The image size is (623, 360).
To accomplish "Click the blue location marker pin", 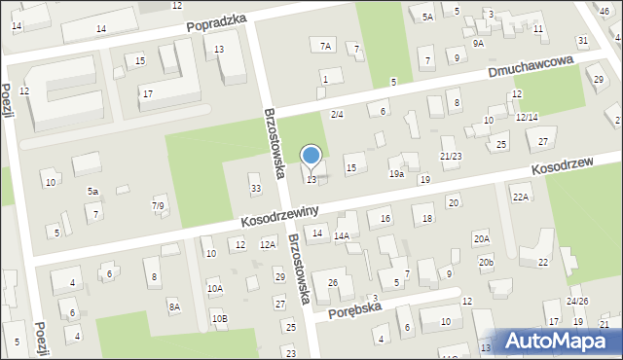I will [311, 157].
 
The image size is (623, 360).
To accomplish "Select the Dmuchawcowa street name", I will [531, 67].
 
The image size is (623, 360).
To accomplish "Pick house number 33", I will [256, 189].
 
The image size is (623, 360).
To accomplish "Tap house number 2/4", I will [337, 115].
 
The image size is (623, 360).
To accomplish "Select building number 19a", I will [396, 173].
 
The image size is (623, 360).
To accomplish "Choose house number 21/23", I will [451, 156].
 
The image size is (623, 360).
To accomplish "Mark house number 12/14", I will [527, 117].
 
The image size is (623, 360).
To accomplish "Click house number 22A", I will [522, 198].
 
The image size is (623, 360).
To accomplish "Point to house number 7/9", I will [158, 205].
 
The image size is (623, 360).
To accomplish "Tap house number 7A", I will [325, 46].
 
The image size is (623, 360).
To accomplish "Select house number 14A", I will [342, 235].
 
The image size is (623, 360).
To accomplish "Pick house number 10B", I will [219, 318].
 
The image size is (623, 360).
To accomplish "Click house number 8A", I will [174, 306].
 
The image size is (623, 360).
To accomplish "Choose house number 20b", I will [486, 263].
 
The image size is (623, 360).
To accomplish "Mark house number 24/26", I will [577, 301].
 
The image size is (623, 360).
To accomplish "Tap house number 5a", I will [92, 191].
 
